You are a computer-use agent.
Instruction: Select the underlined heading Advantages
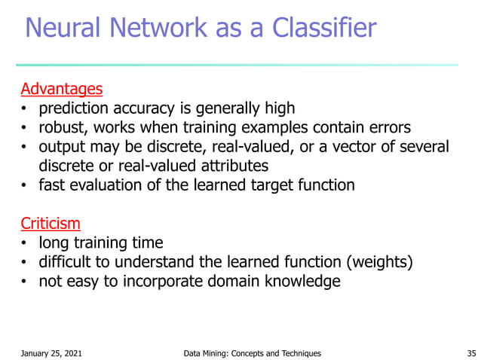[61, 90]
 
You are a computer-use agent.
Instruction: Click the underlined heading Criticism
[51, 224]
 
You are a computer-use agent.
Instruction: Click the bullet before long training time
[24, 243]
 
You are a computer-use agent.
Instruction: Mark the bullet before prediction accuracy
[24, 109]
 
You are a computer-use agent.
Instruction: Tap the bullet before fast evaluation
[24, 185]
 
